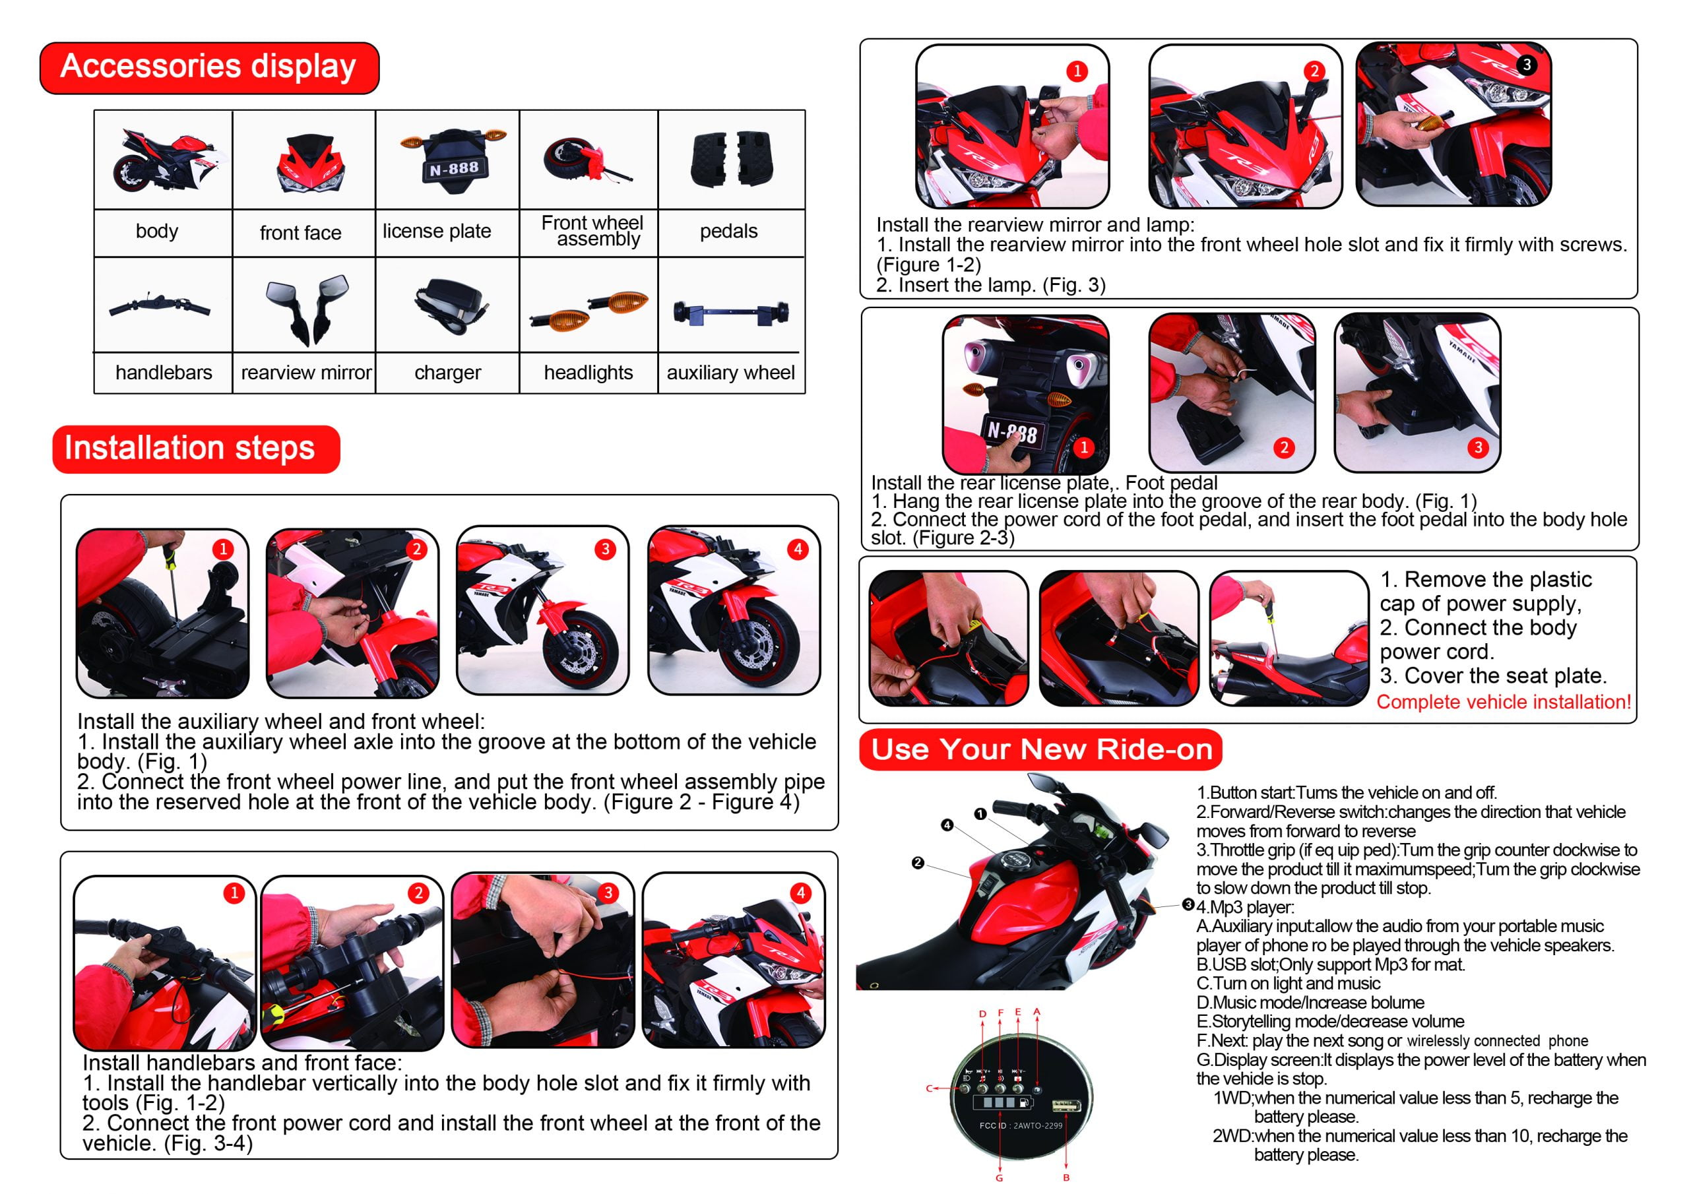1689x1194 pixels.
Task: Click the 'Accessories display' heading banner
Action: (x=210, y=68)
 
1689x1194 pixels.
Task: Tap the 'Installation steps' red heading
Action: (x=196, y=449)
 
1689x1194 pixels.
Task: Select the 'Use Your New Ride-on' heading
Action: (x=1041, y=749)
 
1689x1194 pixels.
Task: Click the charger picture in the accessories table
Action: (x=449, y=305)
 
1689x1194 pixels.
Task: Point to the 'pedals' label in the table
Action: (x=728, y=231)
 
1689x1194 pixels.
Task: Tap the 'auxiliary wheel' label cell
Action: (x=730, y=372)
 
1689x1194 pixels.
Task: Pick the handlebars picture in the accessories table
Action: (x=160, y=306)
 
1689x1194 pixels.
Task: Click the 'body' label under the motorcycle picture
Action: (x=156, y=231)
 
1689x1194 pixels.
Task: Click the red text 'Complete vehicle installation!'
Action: (x=1504, y=702)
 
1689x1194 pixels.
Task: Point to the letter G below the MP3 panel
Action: (x=999, y=1178)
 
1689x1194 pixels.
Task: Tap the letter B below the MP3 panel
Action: (x=1066, y=1178)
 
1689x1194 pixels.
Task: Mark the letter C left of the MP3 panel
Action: (x=929, y=1088)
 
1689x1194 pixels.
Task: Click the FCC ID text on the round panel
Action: (x=1021, y=1125)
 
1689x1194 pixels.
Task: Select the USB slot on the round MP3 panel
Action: (x=1066, y=1106)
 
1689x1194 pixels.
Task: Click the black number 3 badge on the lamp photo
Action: (x=1527, y=65)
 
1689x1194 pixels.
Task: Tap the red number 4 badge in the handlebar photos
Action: (x=800, y=893)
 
